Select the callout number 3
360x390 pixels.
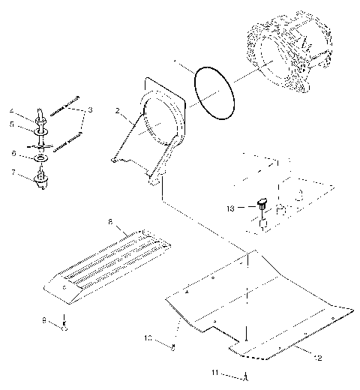pyautogui.click(x=91, y=109)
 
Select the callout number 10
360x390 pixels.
pyautogui.click(x=148, y=338)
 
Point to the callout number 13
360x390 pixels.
pyautogui.click(x=230, y=208)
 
